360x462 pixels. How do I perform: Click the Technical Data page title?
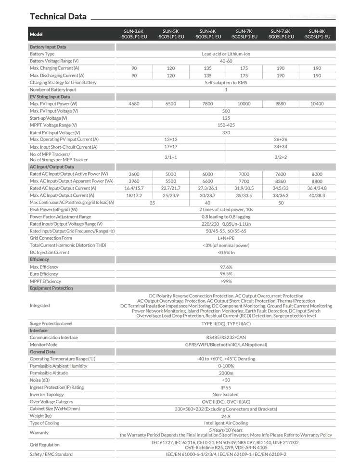tap(58, 16)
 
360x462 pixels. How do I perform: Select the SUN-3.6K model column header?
tap(134, 34)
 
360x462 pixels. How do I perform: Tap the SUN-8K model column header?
tap(317, 34)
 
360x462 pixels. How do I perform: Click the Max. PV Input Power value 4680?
tap(134, 104)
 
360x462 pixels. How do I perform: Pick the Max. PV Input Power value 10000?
tap(244, 104)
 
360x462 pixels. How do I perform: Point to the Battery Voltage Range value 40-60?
tap(226, 61)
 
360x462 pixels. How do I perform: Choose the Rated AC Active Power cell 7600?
tap(281, 174)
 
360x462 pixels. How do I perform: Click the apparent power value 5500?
tap(171, 181)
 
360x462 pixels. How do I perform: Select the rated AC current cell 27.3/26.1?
tap(207, 188)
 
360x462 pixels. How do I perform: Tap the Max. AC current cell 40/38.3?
tap(317, 195)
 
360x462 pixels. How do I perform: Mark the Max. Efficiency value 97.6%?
tap(226, 267)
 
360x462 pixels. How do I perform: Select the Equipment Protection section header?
tap(51, 288)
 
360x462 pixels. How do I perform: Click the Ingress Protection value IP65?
tap(226, 387)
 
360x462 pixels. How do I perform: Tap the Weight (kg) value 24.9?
tap(226, 416)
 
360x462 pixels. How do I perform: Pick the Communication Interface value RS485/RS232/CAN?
tap(226, 337)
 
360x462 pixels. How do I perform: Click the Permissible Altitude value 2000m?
tap(226, 373)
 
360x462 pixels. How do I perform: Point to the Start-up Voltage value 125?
tap(226, 118)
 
